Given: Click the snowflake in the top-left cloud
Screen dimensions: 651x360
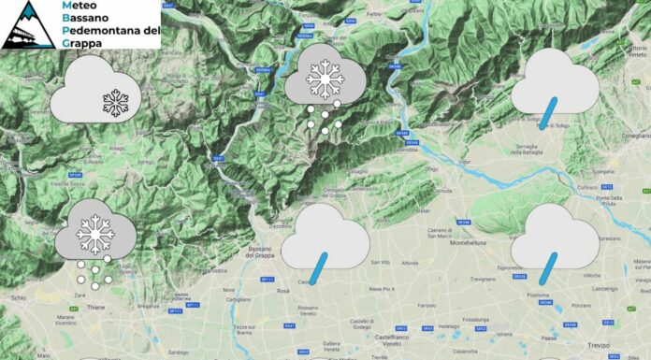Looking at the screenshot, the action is [115, 103].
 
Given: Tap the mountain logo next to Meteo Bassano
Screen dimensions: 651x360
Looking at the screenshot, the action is [29, 24].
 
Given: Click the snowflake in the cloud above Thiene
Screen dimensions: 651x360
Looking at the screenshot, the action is [94, 236].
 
